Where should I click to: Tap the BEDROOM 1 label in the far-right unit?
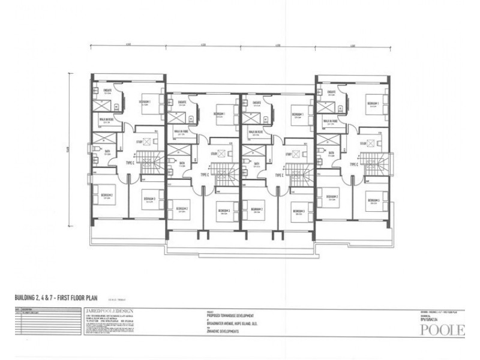[373, 104]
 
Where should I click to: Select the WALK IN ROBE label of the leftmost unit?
[107, 119]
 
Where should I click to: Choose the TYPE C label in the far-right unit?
[352, 163]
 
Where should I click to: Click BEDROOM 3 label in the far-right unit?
[376, 200]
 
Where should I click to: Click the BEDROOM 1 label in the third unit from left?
[298, 115]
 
